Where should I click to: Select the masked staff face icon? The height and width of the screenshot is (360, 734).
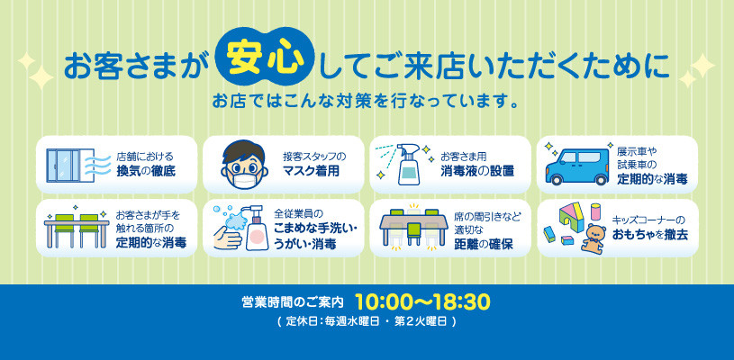pos(245,164)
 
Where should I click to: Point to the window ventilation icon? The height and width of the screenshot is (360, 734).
pos(71,165)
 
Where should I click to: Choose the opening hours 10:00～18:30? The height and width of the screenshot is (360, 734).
pos(422,302)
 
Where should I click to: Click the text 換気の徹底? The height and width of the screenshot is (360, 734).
pos(146,171)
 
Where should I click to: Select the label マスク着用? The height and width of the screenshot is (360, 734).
pos(311,171)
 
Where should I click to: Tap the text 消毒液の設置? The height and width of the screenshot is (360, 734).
pos(477,171)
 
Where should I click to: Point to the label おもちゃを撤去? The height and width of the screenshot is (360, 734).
pos(649,235)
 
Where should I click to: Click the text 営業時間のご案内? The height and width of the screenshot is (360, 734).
pos(293,302)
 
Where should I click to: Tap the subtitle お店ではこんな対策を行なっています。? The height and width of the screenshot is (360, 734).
pos(366,101)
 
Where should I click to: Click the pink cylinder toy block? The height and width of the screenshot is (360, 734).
pos(595,211)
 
